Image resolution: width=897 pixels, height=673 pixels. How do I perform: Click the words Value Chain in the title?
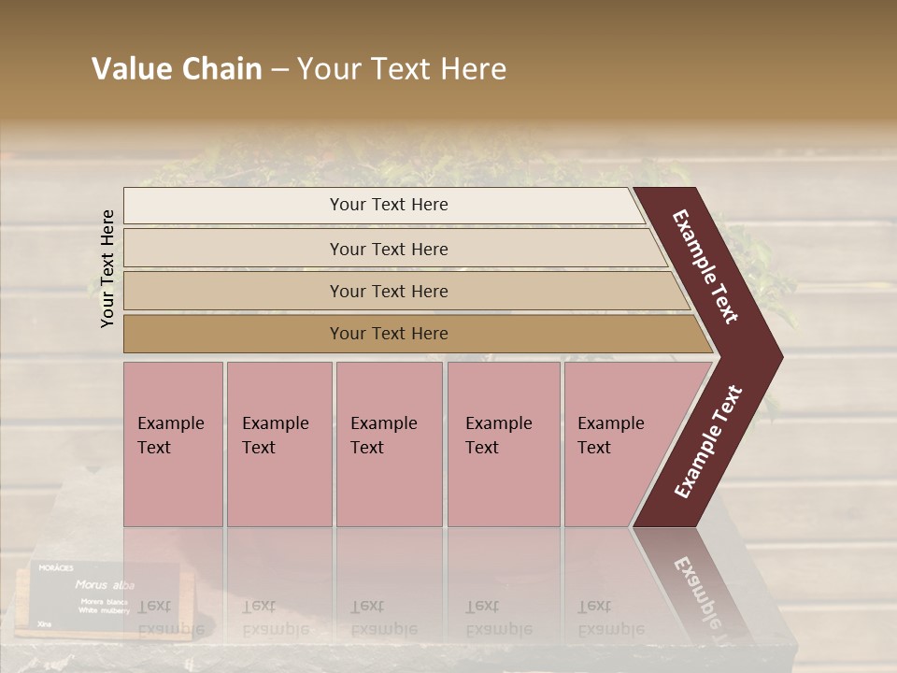pos(177,69)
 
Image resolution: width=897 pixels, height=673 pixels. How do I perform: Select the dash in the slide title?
pos(279,70)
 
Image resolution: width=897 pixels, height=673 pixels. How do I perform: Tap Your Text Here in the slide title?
pos(402,69)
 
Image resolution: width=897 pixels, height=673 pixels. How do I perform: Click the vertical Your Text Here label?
pos(107,268)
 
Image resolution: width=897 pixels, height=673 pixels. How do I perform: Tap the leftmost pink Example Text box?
pos(173,444)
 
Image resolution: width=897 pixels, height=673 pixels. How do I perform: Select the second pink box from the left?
pos(278,444)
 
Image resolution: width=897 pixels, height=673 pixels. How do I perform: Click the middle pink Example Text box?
pos(389,444)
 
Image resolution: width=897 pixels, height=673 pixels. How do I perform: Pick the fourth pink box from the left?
pos(503,444)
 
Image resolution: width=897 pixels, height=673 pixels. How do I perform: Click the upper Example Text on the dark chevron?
pos(705,266)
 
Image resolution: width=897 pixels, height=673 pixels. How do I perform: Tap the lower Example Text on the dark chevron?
pos(707,441)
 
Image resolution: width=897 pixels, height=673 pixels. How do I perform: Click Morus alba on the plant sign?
pos(105,585)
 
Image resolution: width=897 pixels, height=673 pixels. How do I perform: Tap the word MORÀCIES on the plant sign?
pos(55,567)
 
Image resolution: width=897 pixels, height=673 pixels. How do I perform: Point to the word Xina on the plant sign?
pos(44,623)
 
